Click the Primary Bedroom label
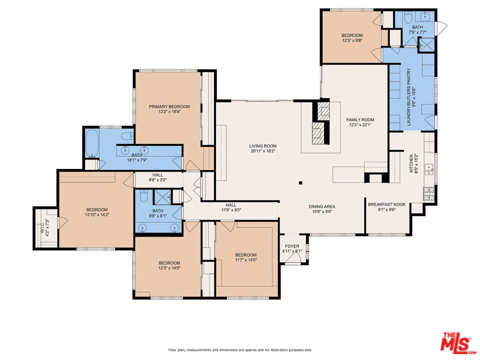169,106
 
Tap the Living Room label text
262,146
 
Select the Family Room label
360,119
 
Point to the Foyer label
292,246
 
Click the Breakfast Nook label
386,204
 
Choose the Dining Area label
321,206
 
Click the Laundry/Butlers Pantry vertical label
408,97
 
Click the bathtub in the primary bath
91,143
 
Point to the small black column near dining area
300,183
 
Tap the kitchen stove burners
428,193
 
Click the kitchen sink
430,169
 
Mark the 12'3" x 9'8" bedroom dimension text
352,40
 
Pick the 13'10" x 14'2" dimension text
97,214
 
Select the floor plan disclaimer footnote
240,349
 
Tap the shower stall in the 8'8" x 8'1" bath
162,196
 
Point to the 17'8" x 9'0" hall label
231,207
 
